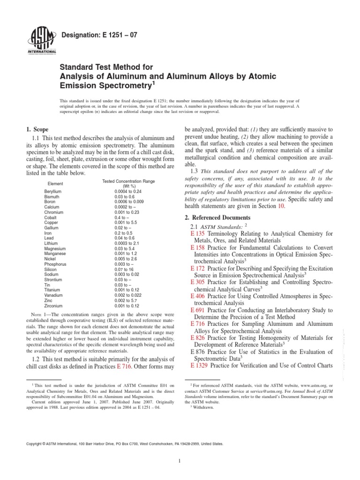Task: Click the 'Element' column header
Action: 56,183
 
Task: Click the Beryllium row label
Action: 53,192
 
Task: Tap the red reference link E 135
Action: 198,233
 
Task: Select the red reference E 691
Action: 198,310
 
